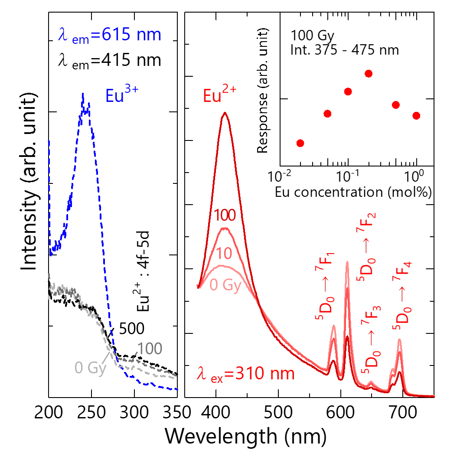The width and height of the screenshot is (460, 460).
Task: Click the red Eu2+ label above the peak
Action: [216, 95]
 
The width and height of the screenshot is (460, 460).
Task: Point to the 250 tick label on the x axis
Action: [91, 411]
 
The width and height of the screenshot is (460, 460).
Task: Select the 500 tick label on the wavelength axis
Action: [278, 411]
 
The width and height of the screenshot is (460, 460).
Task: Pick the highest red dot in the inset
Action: [369, 74]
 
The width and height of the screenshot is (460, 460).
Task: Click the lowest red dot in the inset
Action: [300, 143]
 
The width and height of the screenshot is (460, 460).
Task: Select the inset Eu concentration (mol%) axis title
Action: [353, 192]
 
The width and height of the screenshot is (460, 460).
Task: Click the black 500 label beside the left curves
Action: [131, 329]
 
